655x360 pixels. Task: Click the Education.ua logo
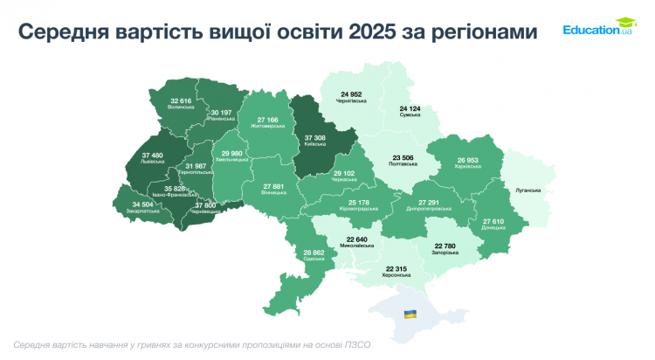pos(599,29)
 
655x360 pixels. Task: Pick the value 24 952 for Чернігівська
pos(351,93)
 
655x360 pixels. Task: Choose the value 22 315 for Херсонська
pos(393,267)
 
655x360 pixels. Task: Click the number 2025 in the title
pos(371,32)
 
